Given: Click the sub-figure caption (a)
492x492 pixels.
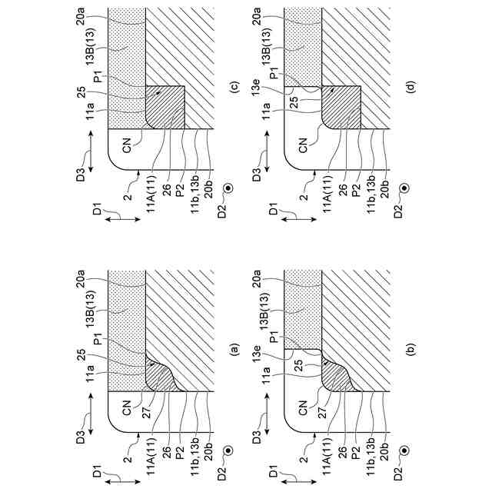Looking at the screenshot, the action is pyautogui.click(x=235, y=349).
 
